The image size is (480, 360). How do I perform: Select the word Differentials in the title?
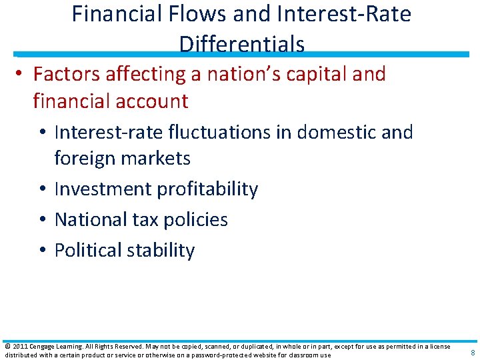pos(242,44)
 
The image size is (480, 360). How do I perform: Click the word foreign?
pos(85,159)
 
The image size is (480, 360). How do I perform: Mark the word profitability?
pos(207,189)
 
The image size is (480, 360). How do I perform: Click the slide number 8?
pos(473,353)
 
